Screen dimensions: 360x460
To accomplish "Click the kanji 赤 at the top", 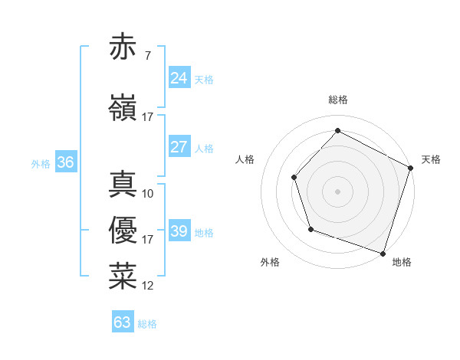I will (123, 47).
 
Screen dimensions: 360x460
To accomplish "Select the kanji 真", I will (123, 183).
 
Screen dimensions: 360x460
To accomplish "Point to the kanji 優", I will (123, 230).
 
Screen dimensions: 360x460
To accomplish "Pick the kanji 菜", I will (123, 276).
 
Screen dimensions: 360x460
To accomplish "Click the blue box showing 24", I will (179, 78).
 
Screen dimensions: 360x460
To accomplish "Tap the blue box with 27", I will (179, 147).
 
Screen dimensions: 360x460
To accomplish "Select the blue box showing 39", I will (179, 231).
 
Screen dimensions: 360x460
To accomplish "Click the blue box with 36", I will (65, 162).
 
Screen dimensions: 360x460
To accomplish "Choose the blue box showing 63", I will (123, 322).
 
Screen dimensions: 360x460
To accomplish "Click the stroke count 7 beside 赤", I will (147, 56).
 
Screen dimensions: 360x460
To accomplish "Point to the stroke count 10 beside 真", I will (148, 193).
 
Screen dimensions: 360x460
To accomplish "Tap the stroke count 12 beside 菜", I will (148, 286).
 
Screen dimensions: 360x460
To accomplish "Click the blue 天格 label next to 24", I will (204, 80).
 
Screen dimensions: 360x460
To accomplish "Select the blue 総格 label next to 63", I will (147, 324).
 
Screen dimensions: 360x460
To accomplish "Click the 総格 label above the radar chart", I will (337, 100).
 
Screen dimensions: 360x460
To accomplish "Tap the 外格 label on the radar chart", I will (270, 262).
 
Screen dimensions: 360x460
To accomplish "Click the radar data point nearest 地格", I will (383, 253).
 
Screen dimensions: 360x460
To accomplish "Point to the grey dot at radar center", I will (337, 191).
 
